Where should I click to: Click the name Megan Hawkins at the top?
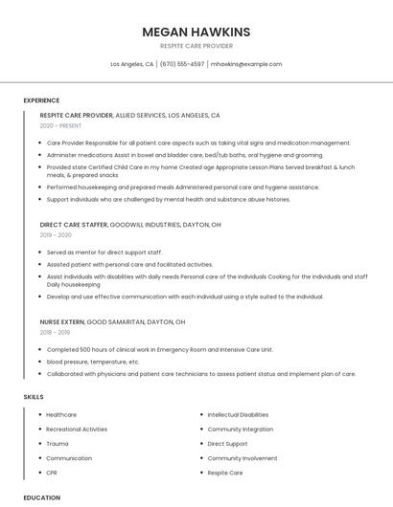[196, 32]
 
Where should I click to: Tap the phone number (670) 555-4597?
[182, 64]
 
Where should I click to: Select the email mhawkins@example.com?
[246, 64]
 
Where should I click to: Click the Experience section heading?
[41, 99]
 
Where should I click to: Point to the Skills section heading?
[34, 396]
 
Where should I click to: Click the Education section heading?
[42, 497]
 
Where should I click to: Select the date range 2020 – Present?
[60, 125]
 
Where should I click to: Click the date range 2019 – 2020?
[56, 234]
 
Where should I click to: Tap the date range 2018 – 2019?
[56, 332]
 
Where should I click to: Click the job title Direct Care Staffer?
[74, 224]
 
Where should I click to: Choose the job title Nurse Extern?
[62, 321]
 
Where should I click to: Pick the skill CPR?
[53, 473]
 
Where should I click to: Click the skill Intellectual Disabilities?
[238, 414]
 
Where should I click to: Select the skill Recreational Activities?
[77, 430]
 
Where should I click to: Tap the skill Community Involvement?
[243, 458]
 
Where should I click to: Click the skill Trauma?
[58, 444]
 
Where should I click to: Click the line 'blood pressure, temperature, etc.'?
[93, 362]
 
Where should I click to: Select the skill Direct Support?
[227, 444]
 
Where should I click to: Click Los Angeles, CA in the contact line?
[131, 64]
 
